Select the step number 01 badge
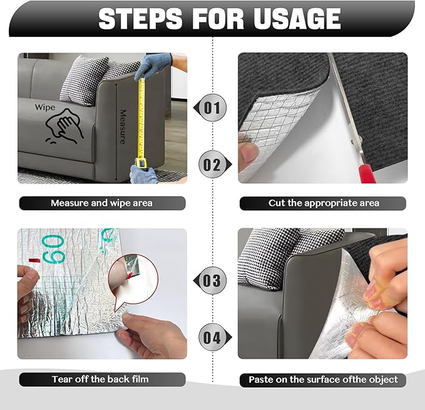(212, 108)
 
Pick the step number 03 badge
(212, 280)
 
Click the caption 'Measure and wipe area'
(101, 203)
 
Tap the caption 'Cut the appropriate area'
(323, 203)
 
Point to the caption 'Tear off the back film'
(101, 379)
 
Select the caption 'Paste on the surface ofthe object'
(323, 379)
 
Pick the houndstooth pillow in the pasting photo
(269, 254)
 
